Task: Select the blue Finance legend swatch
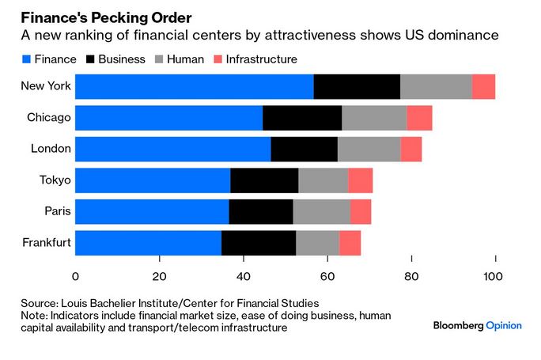tap(26, 59)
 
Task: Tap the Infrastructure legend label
tap(261, 59)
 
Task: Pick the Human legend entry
tap(186, 59)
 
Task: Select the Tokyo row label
tap(55, 180)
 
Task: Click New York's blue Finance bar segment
tap(194, 86)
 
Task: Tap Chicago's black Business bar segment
tap(302, 118)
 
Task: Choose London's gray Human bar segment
tap(369, 149)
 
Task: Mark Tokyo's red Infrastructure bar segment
tap(360, 180)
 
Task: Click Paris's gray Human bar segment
tap(321, 211)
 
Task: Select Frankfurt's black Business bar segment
tap(259, 242)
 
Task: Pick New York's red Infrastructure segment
tap(483, 86)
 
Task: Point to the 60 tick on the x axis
tap(327, 276)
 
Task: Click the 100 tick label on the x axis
tap(495, 276)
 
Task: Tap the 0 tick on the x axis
tap(76, 276)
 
